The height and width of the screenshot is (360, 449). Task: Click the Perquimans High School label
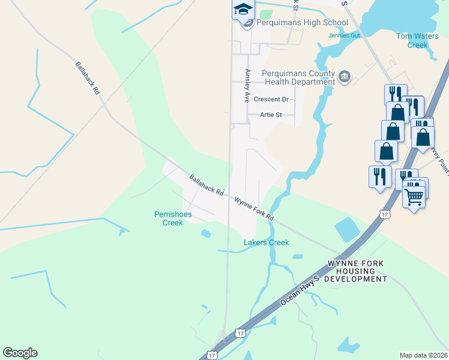pos(302,23)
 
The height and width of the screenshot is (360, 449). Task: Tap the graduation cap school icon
pos(243,9)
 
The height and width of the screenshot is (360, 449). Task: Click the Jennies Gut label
pos(343,35)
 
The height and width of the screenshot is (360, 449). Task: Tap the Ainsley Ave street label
pos(247,86)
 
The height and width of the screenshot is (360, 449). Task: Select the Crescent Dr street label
pos(271,99)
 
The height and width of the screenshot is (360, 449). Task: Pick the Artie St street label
pos(271,115)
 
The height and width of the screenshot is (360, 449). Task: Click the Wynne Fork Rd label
pos(253,209)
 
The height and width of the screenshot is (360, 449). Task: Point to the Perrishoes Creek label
pos(168,218)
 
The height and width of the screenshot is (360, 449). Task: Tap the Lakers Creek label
pos(266,242)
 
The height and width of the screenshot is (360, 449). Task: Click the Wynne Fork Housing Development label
pos(357,271)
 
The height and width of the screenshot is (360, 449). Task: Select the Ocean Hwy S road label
pos(301,293)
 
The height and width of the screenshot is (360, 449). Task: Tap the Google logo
pos(20,353)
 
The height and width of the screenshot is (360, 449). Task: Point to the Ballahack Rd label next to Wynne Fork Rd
pos(206,186)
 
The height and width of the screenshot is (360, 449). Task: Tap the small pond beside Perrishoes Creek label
pos(206,233)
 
